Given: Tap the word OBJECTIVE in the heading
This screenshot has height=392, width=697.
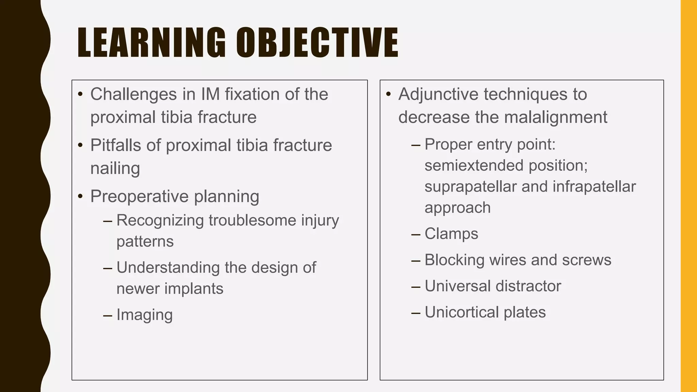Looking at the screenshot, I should pyautogui.click(x=317, y=43).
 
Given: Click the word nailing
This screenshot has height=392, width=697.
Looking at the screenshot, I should pyautogui.click(x=115, y=168).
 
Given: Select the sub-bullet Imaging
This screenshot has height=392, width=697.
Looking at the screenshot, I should pyautogui.click(x=144, y=315).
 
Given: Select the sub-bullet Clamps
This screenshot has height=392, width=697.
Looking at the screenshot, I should pyautogui.click(x=451, y=234).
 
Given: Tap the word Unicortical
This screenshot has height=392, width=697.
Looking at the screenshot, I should pyautogui.click(x=461, y=312).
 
